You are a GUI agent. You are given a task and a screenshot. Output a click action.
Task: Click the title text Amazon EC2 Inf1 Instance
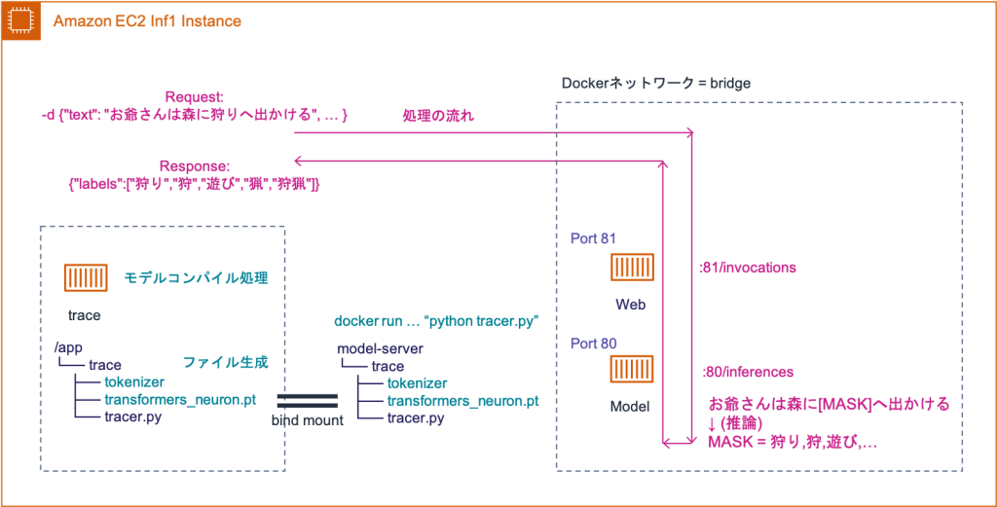147,20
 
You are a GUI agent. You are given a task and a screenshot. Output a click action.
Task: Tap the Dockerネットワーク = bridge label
655,84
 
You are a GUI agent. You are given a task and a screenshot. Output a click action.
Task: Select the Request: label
195,97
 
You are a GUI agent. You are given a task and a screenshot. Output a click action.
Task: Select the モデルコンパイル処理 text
196,278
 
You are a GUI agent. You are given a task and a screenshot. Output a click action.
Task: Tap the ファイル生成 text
225,362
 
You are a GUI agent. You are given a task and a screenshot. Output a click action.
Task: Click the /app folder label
67,346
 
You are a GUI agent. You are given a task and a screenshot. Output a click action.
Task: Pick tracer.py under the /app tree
133,417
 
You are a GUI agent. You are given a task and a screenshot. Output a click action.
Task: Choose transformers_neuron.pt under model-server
462,400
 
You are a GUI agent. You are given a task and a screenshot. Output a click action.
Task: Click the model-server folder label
380,348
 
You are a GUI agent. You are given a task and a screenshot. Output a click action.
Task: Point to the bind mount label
307,420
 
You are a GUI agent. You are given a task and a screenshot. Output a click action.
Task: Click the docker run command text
436,320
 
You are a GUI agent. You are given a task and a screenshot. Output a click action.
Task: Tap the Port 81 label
594,238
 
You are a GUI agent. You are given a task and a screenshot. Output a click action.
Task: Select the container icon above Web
632,268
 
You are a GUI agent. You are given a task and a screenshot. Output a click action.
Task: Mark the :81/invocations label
749,267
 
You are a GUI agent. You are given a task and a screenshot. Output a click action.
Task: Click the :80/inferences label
748,372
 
